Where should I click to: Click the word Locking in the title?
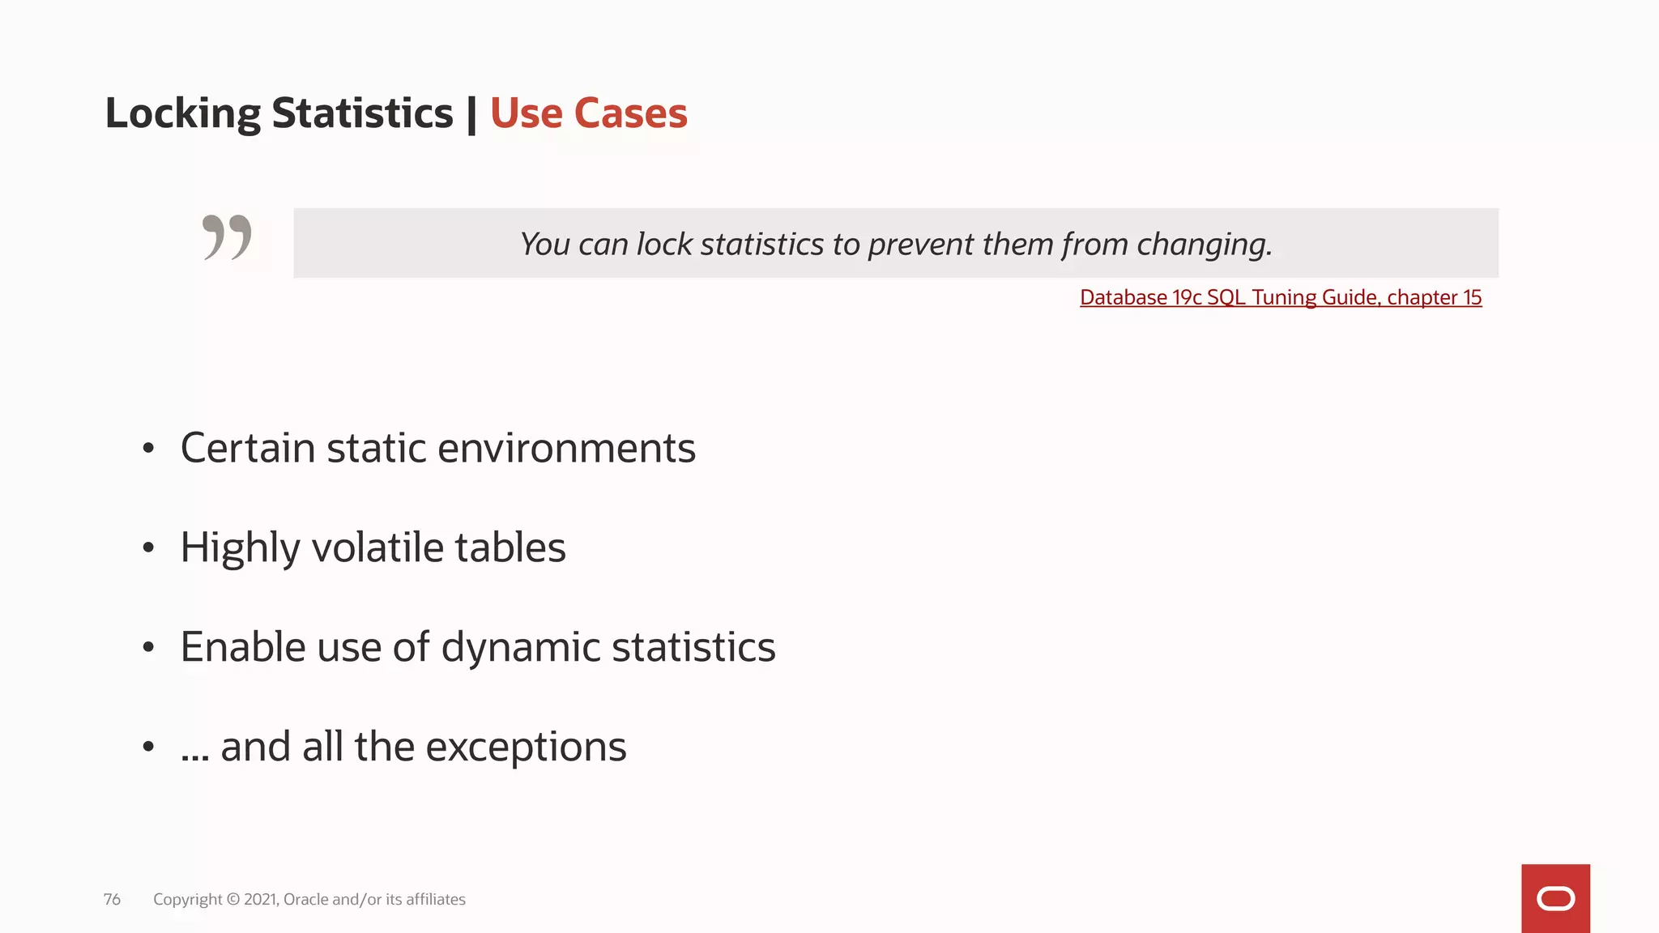coord(182,114)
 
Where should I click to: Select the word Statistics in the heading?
coord(362,113)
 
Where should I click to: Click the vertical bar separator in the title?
coord(471,114)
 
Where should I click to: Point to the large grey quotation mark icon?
coord(227,237)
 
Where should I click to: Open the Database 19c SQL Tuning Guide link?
coord(1281,298)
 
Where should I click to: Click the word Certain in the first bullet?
coord(247,448)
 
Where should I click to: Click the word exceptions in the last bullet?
coord(526,747)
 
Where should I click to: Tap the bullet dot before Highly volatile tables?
coord(147,548)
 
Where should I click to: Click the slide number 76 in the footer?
coord(112,900)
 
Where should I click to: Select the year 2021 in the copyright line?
coord(261,900)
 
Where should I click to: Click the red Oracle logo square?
coord(1555,898)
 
